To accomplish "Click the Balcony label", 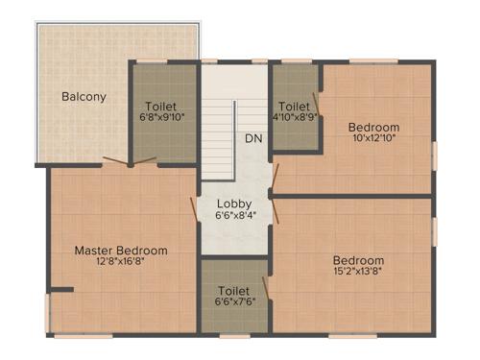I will [x=84, y=96].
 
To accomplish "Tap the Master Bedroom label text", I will [x=121, y=251].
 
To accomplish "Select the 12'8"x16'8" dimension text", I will [x=121, y=261].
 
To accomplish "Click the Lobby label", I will [x=234, y=204].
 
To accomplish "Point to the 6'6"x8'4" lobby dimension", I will [x=234, y=215].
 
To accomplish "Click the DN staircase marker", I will [x=253, y=138].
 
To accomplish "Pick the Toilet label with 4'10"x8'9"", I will [x=294, y=106].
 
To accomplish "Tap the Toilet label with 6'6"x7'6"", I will [x=234, y=290].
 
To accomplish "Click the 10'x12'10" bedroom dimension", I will [x=373, y=137].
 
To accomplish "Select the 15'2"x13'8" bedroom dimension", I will [x=358, y=271].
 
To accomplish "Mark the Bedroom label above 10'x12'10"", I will [x=373, y=127].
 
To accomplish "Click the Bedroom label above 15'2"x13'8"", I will [x=358, y=260].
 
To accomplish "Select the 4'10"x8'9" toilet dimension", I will [x=294, y=116].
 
